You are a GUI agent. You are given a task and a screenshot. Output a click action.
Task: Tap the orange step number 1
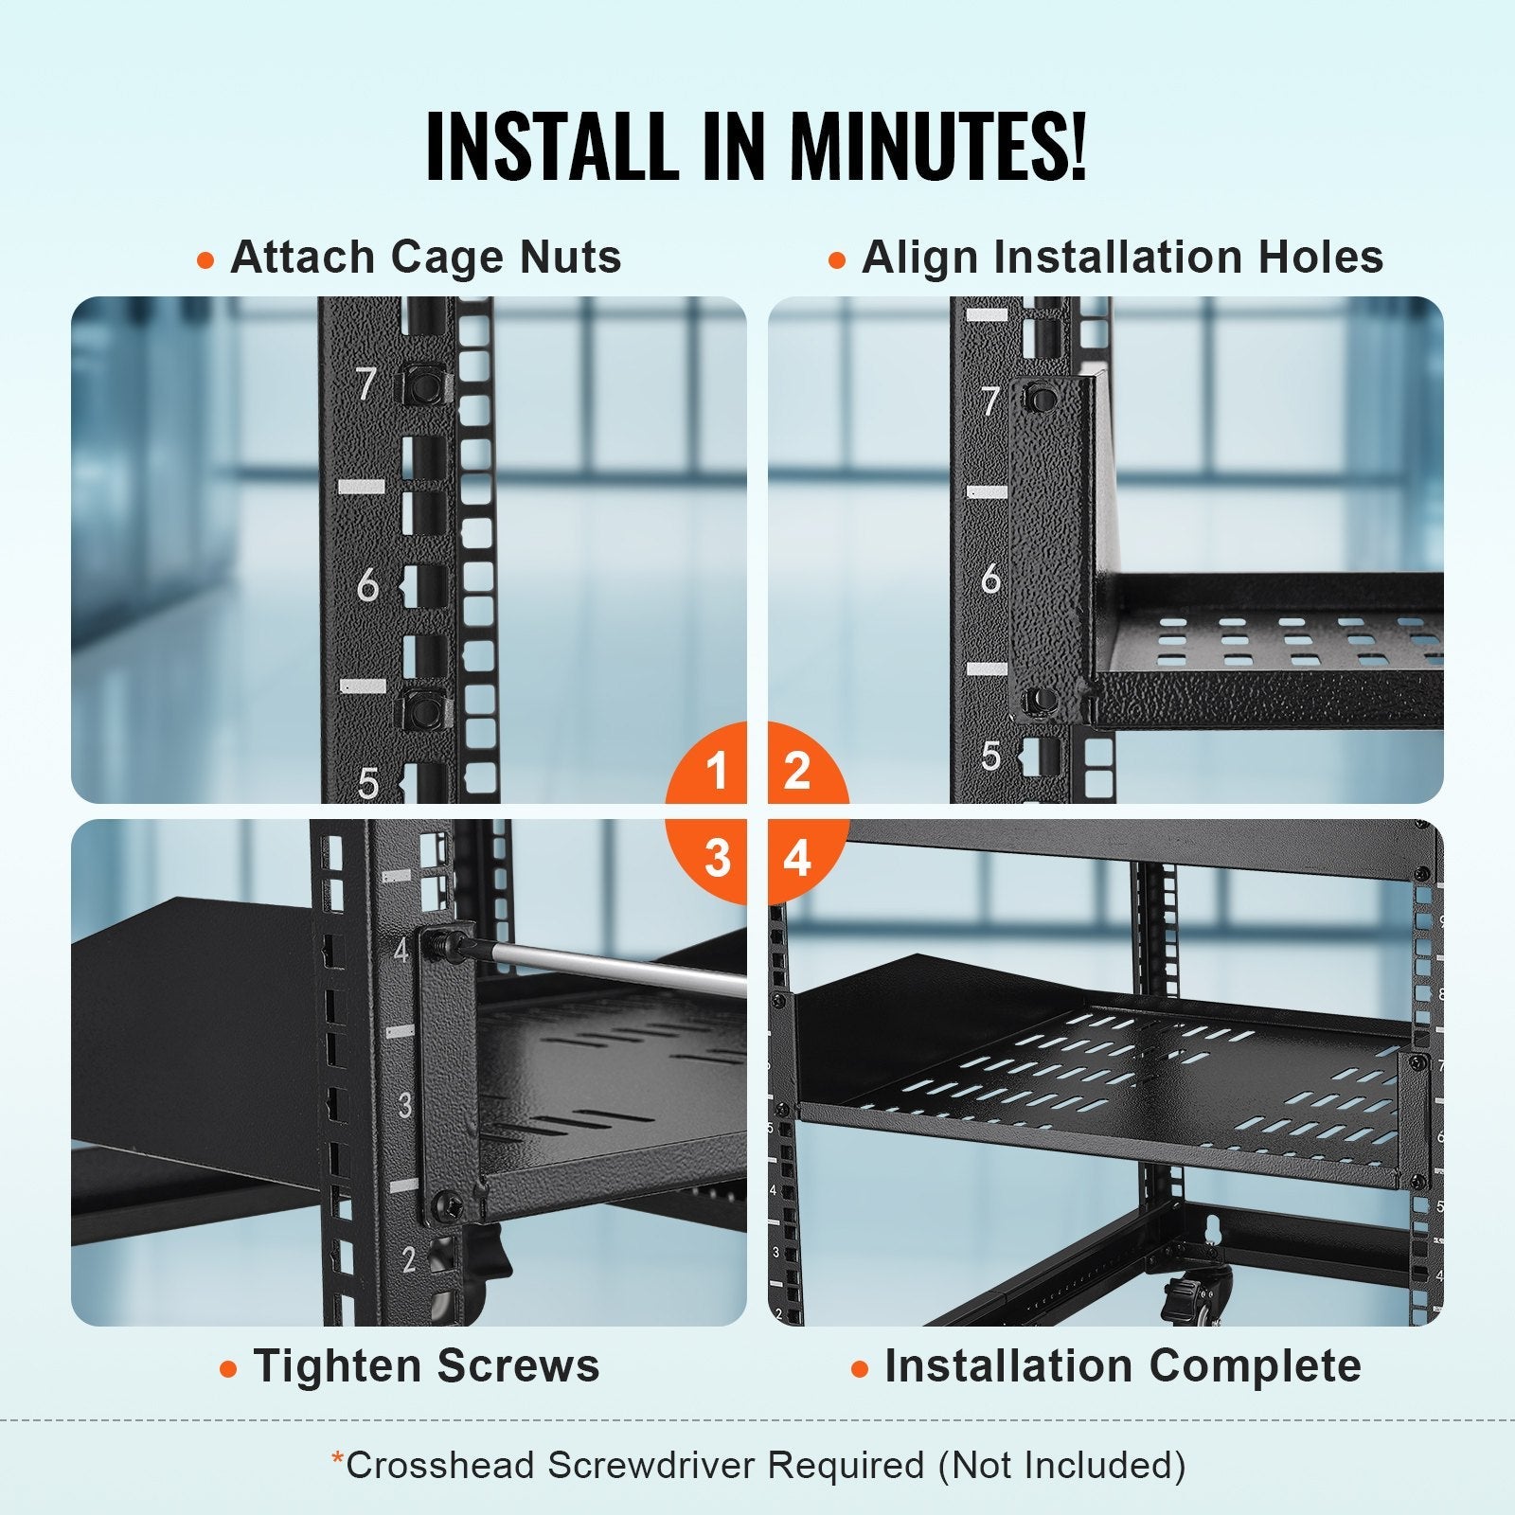point(717,770)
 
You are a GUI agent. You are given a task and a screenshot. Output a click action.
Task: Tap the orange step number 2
point(797,770)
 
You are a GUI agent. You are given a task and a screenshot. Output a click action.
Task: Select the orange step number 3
point(717,858)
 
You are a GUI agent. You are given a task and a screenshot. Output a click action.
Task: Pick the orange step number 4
point(797,858)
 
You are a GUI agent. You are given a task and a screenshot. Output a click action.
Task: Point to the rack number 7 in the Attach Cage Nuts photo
point(366,384)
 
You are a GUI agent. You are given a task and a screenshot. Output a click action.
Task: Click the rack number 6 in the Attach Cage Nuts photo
point(367,587)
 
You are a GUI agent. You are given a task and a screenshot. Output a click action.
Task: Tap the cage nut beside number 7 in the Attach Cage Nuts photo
point(423,385)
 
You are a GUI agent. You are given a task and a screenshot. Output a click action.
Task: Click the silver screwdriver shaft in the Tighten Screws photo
point(615,968)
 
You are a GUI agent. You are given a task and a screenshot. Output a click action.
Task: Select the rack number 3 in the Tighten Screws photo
point(405,1105)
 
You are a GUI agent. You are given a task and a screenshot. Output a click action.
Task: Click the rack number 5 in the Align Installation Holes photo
point(990,755)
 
